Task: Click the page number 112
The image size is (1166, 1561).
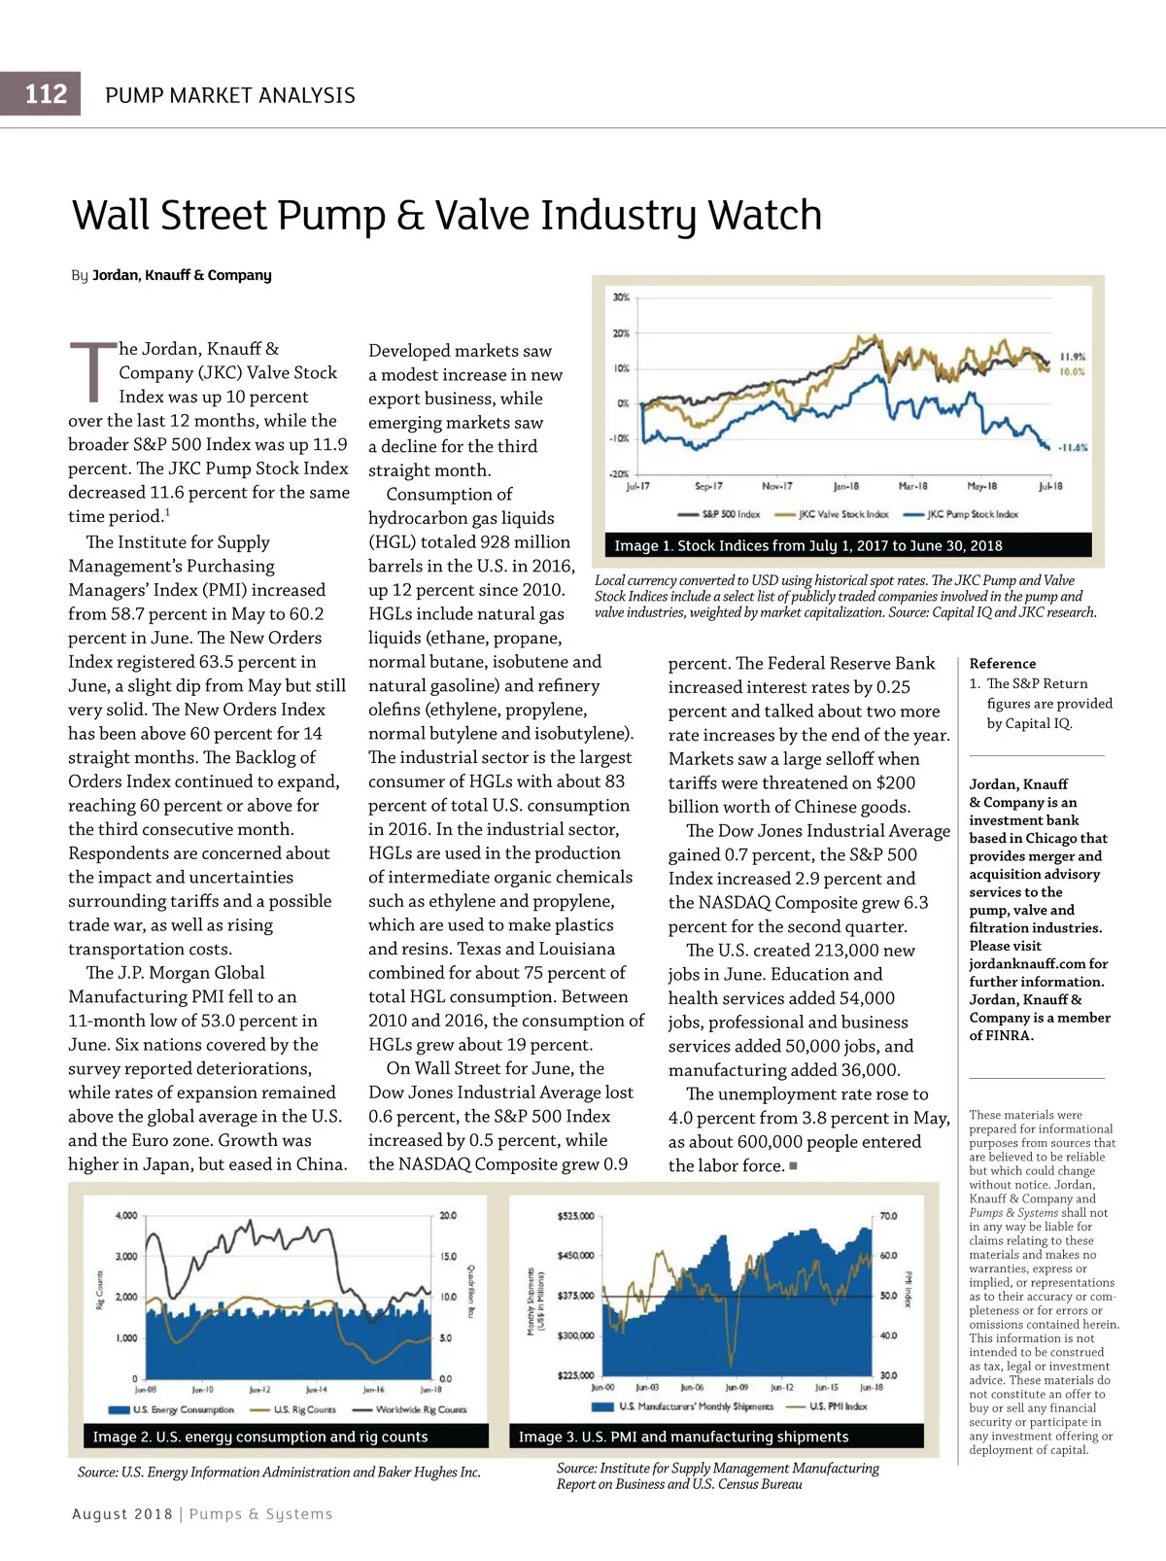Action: pos(46,94)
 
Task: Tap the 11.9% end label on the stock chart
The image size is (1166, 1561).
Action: pos(1072,357)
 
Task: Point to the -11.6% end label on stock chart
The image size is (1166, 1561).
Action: pos(1072,447)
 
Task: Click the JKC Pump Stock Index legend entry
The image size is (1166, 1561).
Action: pos(962,514)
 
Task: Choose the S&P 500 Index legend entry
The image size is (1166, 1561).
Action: pos(720,514)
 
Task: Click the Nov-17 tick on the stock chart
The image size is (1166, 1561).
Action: pos(776,486)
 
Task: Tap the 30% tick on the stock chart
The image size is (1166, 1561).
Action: pos(621,297)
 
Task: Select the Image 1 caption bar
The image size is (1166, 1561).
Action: pos(842,545)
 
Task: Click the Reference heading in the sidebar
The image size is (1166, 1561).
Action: pos(1002,663)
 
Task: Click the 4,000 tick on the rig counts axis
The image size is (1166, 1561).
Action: pos(126,1216)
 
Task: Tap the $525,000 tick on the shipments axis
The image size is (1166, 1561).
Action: pos(575,1216)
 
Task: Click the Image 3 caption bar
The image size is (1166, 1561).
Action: pos(716,1437)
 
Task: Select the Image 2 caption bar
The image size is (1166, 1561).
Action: pos(278,1437)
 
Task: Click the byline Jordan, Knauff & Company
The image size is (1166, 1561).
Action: pos(182,275)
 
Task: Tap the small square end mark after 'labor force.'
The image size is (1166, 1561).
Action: pos(793,1165)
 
